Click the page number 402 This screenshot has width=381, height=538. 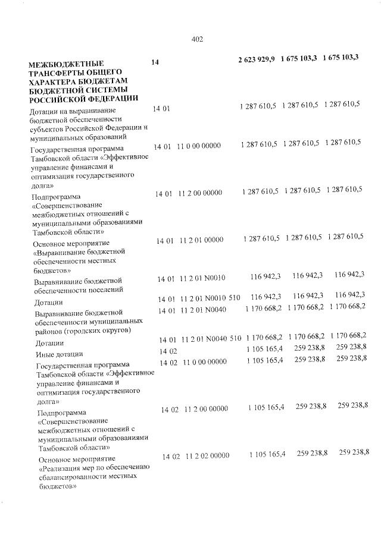point(198,39)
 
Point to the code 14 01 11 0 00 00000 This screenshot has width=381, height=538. point(187,146)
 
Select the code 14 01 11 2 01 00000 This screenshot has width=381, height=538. point(189,240)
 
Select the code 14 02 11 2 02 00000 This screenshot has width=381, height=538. point(196,456)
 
